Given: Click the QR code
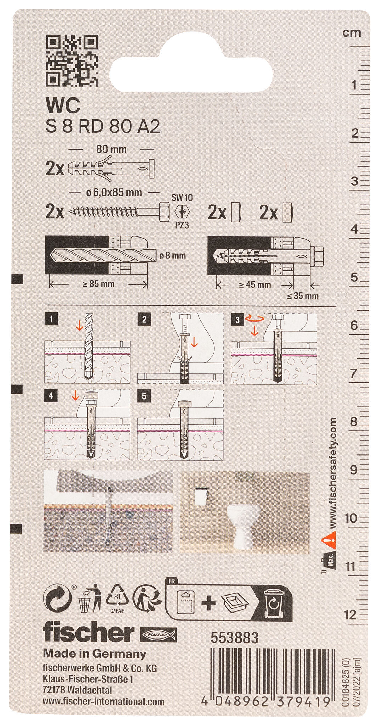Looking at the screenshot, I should (x=72, y=60).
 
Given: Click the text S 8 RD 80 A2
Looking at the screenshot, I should (x=103, y=127).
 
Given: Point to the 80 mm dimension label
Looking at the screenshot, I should (x=112, y=149).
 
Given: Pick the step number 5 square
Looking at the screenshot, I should (x=144, y=396).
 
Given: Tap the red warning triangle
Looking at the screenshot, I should (x=328, y=541).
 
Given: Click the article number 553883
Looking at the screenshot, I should (x=234, y=638).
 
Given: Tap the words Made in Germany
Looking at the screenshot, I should (x=94, y=653).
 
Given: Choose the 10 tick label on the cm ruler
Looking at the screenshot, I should (x=351, y=518).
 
